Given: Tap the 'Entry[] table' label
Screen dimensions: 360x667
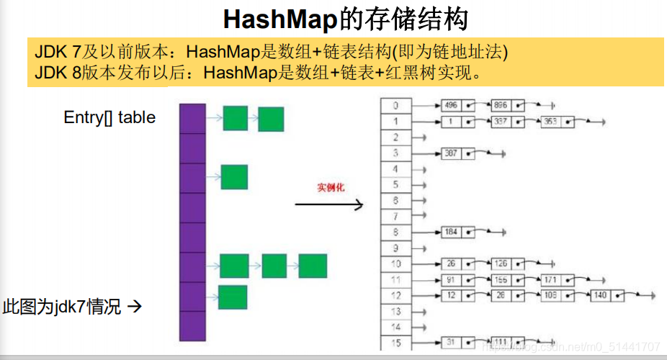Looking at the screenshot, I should pyautogui.click(x=109, y=117).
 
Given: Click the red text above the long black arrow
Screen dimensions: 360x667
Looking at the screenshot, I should pyautogui.click(x=331, y=188).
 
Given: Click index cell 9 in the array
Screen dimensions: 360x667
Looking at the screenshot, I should pyautogui.click(x=395, y=248).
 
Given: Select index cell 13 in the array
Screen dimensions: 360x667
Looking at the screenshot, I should pyautogui.click(x=395, y=311).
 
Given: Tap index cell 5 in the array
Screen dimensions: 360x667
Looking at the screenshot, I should pyautogui.click(x=395, y=184).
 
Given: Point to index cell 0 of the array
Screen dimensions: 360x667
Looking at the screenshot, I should pyautogui.click(x=395, y=106).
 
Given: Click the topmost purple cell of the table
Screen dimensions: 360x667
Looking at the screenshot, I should pyautogui.click(x=192, y=119).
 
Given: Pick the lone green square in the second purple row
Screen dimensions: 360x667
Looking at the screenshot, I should pyautogui.click(x=234, y=177).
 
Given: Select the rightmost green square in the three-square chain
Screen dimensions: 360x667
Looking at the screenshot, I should pyautogui.click(x=313, y=266).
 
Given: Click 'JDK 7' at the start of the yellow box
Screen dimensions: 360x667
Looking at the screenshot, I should pyautogui.click(x=53, y=52).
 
